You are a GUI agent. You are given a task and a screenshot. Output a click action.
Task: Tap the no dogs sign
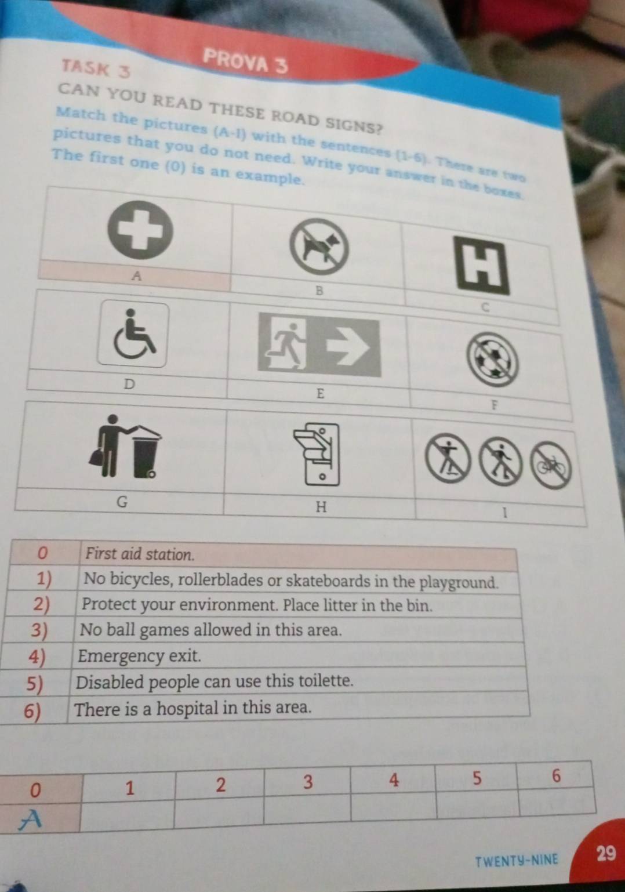tap(319, 247)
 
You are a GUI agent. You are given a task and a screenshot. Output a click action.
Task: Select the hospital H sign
tap(482, 265)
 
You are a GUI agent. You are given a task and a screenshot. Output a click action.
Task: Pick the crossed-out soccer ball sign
tap(492, 360)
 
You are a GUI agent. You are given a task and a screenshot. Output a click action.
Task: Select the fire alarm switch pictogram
tap(318, 454)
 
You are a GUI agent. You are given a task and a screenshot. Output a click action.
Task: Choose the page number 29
tap(605, 854)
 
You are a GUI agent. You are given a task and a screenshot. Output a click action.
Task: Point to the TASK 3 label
tap(96, 68)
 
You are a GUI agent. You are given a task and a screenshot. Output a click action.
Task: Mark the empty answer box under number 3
tap(307, 806)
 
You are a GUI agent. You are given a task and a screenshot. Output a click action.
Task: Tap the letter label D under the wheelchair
tap(129, 385)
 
